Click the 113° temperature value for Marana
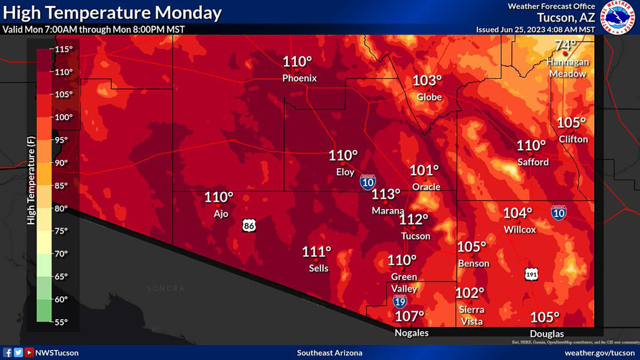[x=386, y=194]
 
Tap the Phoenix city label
[x=299, y=78]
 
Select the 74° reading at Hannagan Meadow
[x=565, y=45]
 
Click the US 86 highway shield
[x=249, y=225]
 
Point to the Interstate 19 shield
[x=399, y=301]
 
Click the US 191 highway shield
[x=531, y=274]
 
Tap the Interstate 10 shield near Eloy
[x=367, y=182]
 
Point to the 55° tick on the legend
[x=61, y=322]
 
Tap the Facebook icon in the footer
[x=8, y=352]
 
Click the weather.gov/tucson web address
[x=599, y=353]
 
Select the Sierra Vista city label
[x=472, y=315]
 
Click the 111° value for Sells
[x=317, y=252]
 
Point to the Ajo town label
[x=221, y=214]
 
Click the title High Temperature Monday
[x=112, y=13]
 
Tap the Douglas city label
[x=546, y=334]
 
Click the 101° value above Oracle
[x=424, y=170]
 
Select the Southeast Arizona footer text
[x=329, y=353]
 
